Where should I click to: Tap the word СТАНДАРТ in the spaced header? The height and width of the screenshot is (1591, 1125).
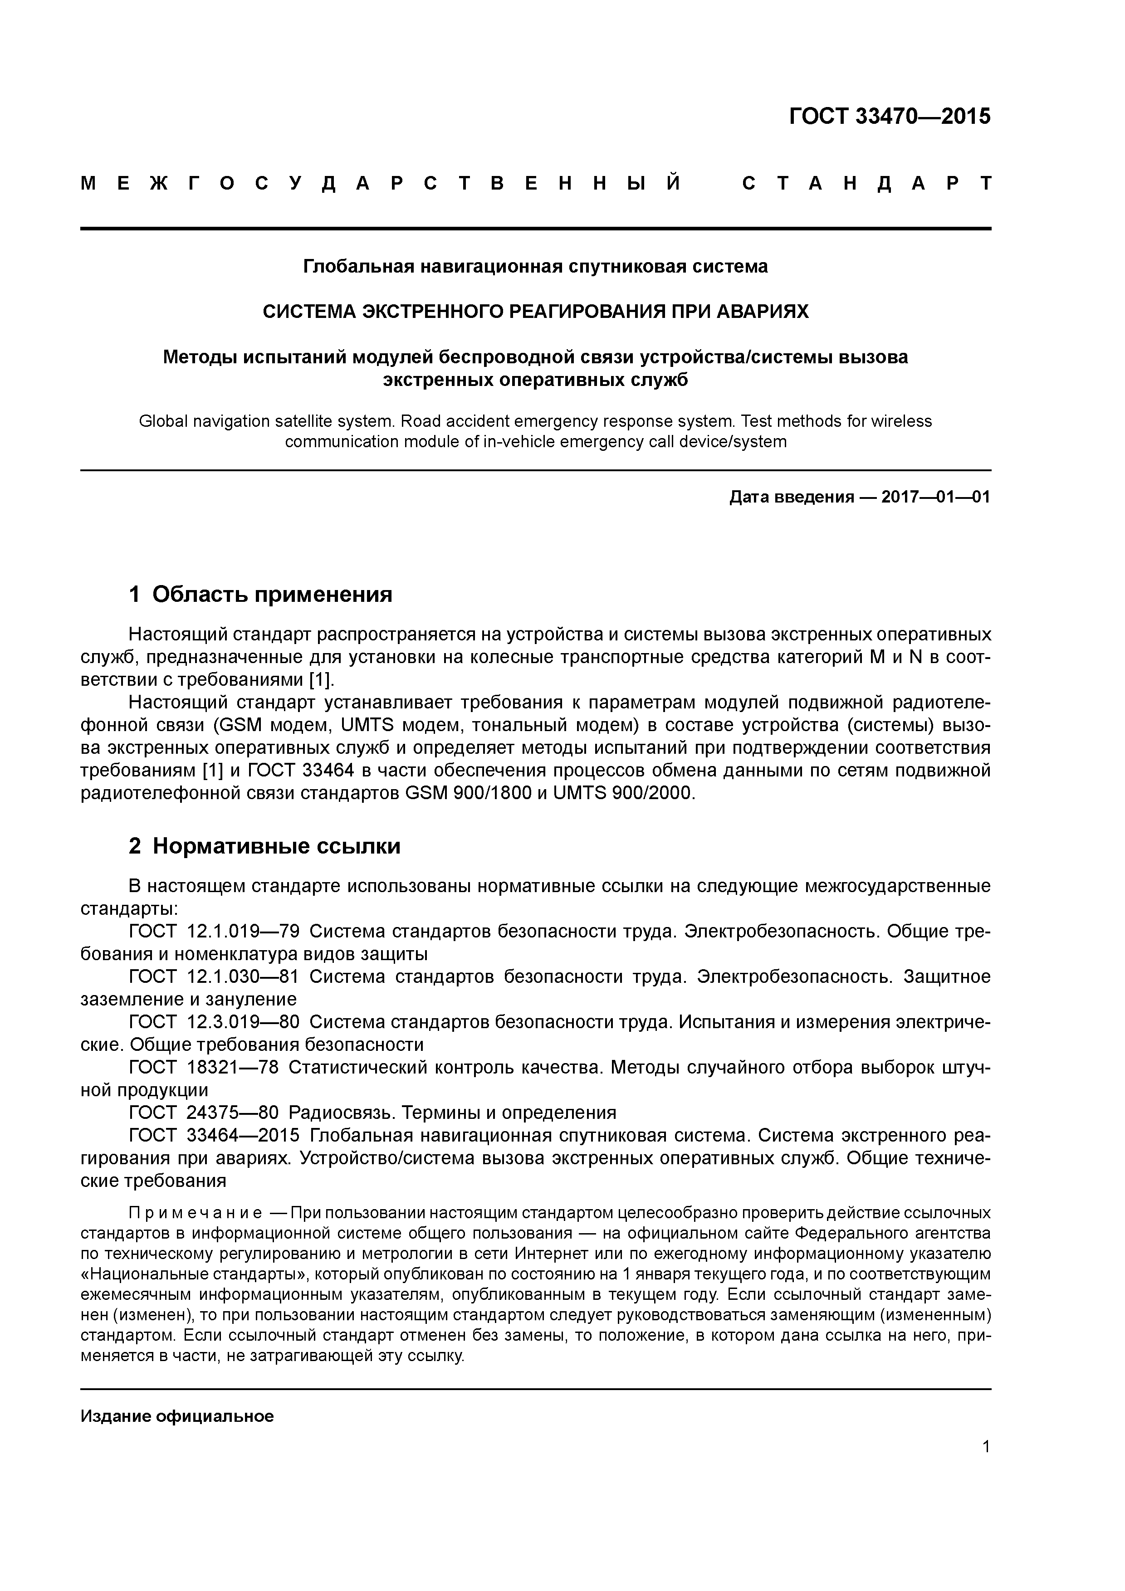(x=866, y=184)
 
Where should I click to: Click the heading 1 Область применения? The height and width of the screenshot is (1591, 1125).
(x=261, y=594)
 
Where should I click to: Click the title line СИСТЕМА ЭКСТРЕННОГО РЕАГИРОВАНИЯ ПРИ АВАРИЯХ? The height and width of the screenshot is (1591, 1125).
(x=535, y=312)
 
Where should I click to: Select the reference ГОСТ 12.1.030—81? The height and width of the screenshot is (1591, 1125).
(x=214, y=977)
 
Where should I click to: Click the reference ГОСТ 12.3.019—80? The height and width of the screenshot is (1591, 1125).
(x=214, y=1022)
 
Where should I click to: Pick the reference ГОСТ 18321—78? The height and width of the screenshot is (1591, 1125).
(x=204, y=1067)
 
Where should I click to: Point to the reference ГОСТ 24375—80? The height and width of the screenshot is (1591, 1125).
(x=204, y=1112)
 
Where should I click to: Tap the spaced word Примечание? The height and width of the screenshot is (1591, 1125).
(x=196, y=1213)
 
